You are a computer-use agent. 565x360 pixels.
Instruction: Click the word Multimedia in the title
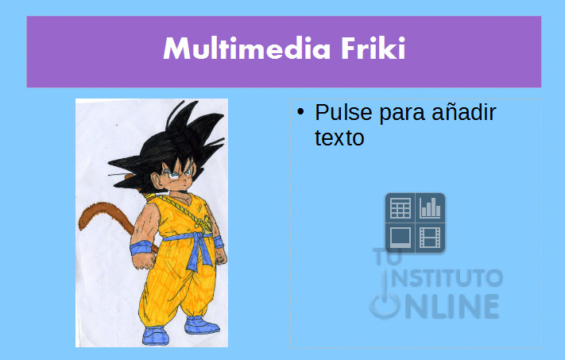247,48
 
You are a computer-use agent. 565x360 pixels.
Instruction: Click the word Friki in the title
373,48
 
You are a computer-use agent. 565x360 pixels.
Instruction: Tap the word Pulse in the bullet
343,112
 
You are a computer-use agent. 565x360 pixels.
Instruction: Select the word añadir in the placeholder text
464,112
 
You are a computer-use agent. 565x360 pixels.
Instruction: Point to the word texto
339,137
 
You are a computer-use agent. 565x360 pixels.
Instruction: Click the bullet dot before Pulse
300,112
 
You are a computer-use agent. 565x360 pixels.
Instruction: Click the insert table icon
400,207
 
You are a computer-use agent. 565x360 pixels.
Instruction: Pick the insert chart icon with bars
430,207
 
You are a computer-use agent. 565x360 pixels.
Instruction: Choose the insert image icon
400,238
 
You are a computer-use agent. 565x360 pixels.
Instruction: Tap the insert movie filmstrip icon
430,238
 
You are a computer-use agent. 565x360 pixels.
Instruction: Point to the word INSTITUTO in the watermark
447,278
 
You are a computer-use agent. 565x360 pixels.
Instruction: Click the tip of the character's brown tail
81,228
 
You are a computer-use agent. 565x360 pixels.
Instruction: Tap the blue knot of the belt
196,238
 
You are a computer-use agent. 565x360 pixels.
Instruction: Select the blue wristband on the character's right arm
141,248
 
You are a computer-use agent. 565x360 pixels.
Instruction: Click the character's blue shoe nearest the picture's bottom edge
156,336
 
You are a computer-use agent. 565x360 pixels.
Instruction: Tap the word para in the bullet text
402,113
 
